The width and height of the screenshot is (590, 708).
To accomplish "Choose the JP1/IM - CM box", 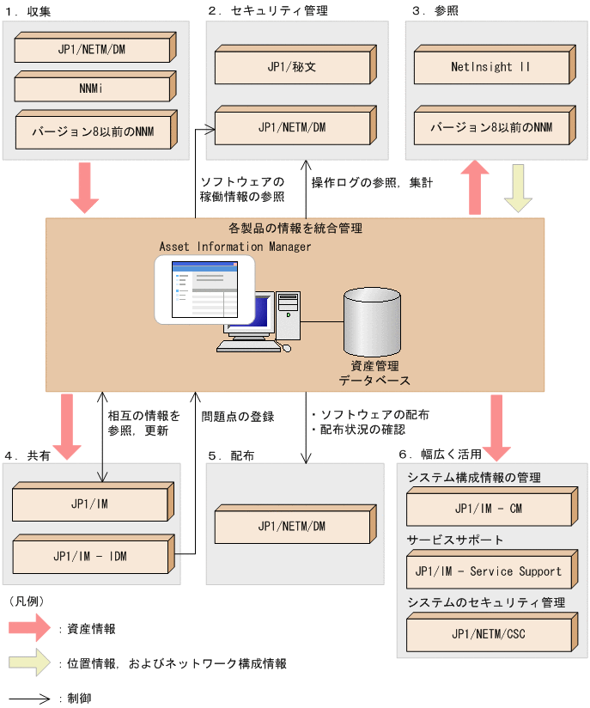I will coord(487,509).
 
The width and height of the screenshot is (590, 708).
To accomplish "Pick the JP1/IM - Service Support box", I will coord(487,571).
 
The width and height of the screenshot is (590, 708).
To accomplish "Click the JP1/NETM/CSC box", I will coord(487,634).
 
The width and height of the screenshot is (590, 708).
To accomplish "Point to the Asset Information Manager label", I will coord(235,247).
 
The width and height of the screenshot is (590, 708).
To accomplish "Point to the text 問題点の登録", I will coord(238,416).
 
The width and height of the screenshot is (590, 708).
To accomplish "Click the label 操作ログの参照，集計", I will coord(360,182).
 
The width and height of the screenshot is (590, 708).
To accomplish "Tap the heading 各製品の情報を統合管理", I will coord(295,229).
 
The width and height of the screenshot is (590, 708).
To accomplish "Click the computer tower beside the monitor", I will coord(289,315).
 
